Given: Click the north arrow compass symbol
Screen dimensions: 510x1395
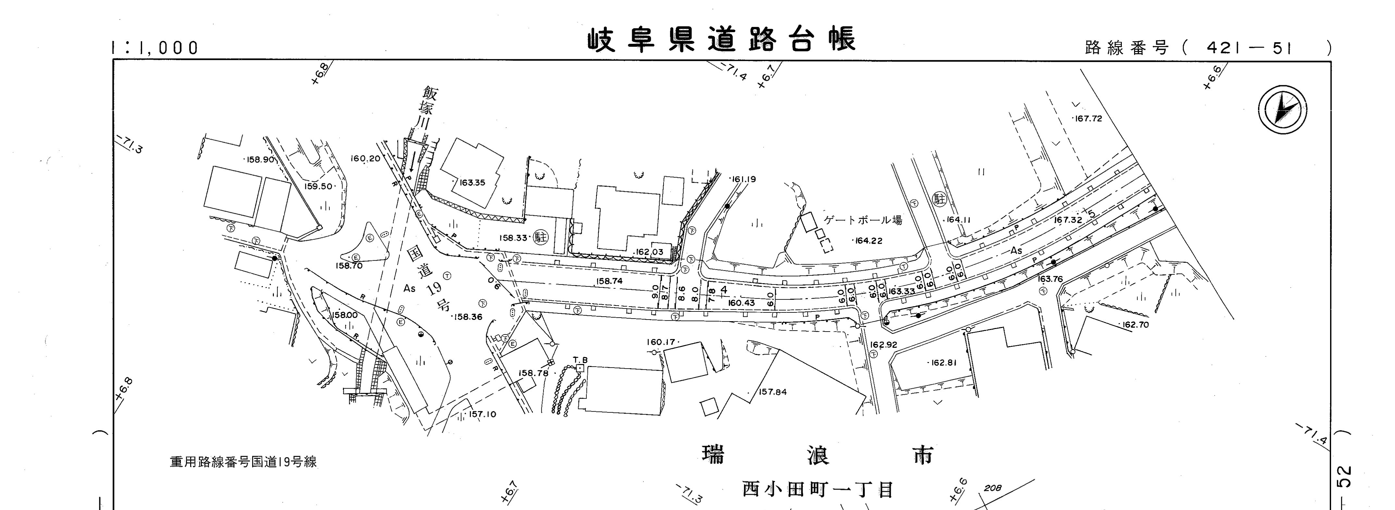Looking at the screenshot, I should coord(1282,110).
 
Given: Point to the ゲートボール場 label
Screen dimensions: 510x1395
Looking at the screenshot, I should coord(863,220).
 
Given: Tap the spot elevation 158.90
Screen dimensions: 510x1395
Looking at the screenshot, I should coord(261,160).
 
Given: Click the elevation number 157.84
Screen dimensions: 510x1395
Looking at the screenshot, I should coord(773,392).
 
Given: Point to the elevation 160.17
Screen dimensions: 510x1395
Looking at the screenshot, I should coord(661,342).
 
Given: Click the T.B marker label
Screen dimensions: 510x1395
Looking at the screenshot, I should coord(581,360).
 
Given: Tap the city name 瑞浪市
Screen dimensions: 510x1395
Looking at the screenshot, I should coord(818,455).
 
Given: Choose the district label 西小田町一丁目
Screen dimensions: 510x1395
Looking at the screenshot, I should coord(818,490).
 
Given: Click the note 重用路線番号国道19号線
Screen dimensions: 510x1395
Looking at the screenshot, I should coord(243,462).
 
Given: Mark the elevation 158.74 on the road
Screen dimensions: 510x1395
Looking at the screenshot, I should coord(609,281).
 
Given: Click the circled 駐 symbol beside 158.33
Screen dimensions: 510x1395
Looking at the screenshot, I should coord(540,237).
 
